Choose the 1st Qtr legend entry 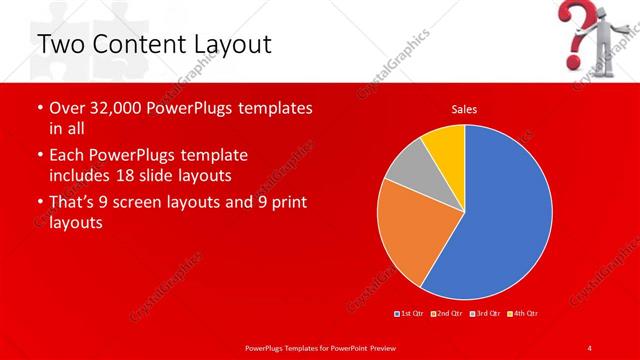click(x=410, y=314)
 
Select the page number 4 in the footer click(x=589, y=347)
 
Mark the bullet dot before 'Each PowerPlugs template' click(x=39, y=156)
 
